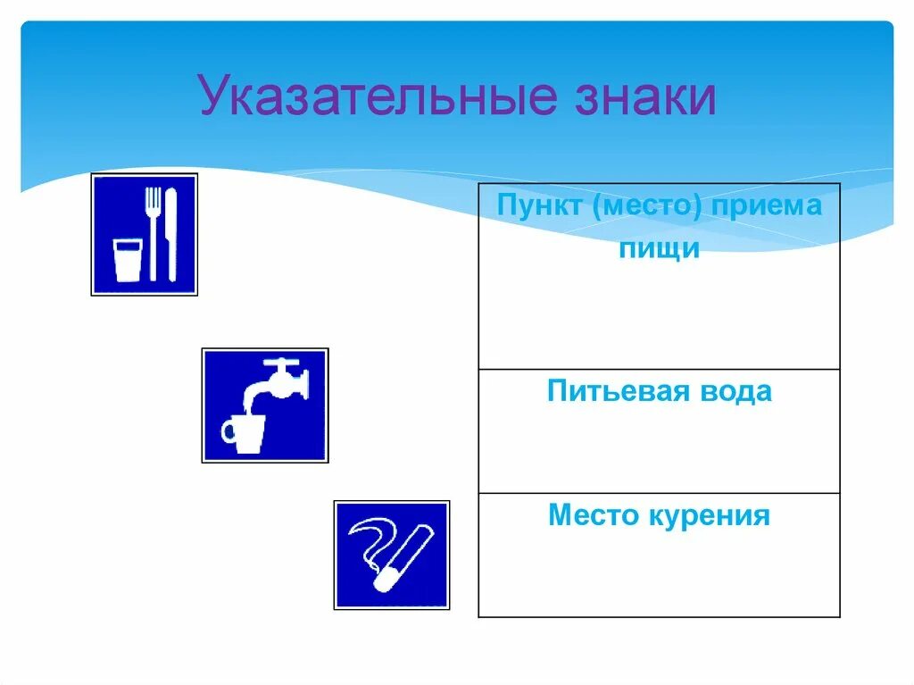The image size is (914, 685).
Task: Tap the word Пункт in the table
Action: tap(537, 207)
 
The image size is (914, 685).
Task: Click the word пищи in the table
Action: tap(659, 248)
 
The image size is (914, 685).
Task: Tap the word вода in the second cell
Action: tap(735, 392)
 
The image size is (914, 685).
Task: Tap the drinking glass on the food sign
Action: tap(127, 260)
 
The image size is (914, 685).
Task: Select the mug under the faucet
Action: tap(243, 432)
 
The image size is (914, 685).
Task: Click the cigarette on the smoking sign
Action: tap(403, 558)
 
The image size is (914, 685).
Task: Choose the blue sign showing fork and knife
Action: tap(144, 234)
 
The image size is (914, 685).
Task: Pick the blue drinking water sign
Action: tap(265, 405)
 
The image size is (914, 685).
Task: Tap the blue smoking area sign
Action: tap(392, 555)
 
